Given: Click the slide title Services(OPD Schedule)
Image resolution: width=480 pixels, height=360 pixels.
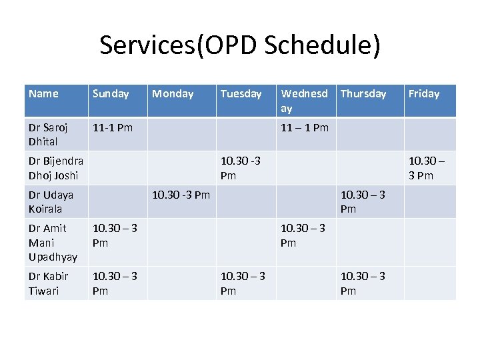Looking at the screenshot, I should pyautogui.click(x=240, y=45).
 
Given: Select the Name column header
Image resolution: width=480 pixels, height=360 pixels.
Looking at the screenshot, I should pyautogui.click(x=44, y=94).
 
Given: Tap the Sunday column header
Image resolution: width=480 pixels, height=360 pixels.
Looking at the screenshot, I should pyautogui.click(x=111, y=94).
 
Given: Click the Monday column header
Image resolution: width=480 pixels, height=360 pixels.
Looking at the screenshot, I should pyautogui.click(x=173, y=94).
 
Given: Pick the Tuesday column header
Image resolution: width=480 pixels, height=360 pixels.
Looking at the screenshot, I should pyautogui.click(x=241, y=94).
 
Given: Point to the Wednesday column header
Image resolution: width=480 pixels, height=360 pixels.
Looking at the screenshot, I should pyautogui.click(x=304, y=101).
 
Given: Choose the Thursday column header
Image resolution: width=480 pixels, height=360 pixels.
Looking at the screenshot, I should pyautogui.click(x=363, y=94).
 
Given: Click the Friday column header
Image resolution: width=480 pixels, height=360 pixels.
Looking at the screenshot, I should pyautogui.click(x=424, y=94).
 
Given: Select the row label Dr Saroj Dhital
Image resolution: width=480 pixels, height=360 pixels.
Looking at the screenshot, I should pyautogui.click(x=43, y=134).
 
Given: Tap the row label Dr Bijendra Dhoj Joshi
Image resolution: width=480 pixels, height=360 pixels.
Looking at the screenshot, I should pyautogui.click(x=55, y=168).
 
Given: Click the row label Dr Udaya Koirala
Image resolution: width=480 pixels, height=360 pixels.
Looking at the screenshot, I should pyautogui.click(x=51, y=201).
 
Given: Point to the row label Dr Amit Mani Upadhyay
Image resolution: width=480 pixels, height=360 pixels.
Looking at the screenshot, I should pyautogui.click(x=53, y=243).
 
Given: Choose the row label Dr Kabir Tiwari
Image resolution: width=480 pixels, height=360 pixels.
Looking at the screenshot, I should pyautogui.click(x=44, y=283).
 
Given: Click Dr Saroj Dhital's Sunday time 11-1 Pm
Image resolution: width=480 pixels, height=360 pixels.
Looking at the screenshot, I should pyautogui.click(x=113, y=127).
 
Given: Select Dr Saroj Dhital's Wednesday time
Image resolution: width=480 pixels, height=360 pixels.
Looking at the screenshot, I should pyautogui.click(x=305, y=127).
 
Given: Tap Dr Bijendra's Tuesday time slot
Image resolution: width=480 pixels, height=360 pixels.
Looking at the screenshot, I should pyautogui.click(x=241, y=168).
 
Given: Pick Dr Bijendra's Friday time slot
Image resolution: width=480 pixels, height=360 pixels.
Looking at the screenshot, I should pyautogui.click(x=429, y=168).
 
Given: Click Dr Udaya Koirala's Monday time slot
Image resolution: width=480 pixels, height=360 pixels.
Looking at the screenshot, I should pyautogui.click(x=181, y=195).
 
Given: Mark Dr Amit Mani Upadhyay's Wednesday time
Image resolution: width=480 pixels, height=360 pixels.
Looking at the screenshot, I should pyautogui.click(x=303, y=235).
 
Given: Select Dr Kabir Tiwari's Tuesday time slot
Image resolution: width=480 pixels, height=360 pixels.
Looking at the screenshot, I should pyautogui.click(x=243, y=283).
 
